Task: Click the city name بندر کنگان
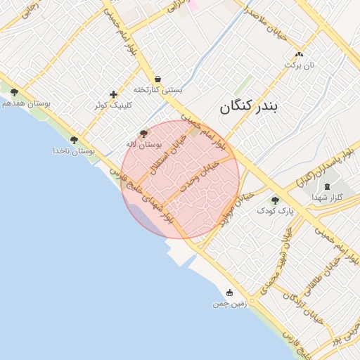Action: [249, 107]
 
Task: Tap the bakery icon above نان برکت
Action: [299, 54]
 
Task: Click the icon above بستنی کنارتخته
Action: [157, 79]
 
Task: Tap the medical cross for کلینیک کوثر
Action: [113, 94]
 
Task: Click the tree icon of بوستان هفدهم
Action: [14, 92]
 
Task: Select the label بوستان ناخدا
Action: [74, 151]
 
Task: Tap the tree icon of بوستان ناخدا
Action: [74, 140]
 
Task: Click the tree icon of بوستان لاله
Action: [143, 133]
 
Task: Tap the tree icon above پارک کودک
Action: [275, 200]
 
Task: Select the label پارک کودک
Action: [275, 210]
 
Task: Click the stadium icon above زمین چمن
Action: [229, 292]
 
